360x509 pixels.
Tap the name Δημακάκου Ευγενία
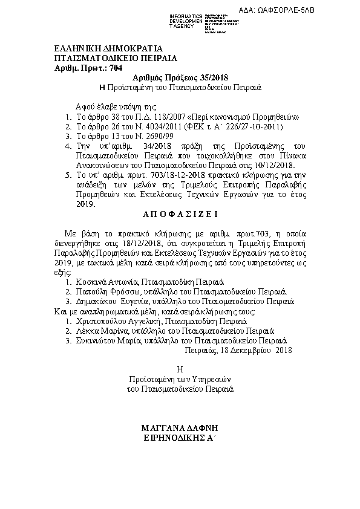(112, 300)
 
